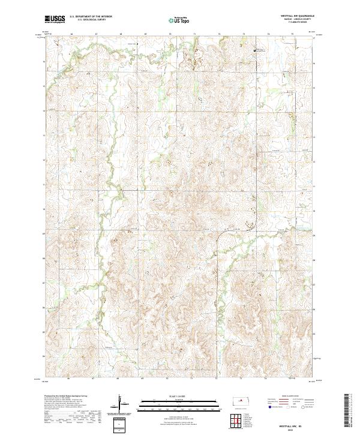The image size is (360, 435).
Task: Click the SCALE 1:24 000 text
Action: tap(180, 395)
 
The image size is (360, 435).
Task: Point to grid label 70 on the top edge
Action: tap(170, 35)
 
